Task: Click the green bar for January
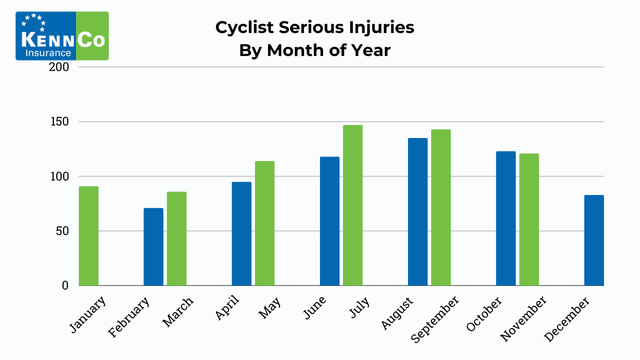(x=88, y=236)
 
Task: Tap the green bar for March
(x=176, y=239)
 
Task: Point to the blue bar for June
(x=329, y=221)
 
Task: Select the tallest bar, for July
(x=352, y=205)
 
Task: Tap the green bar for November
(x=529, y=220)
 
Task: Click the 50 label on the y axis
(x=62, y=231)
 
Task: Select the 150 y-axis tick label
(x=59, y=122)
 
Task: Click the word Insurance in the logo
(x=47, y=53)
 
